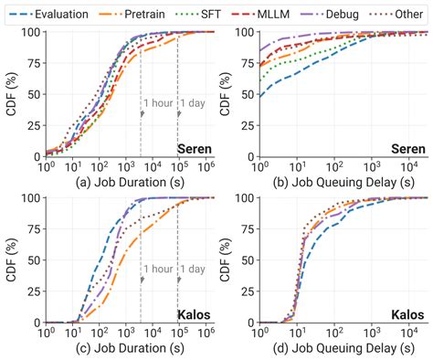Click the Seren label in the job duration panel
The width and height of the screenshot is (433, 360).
(x=191, y=148)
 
